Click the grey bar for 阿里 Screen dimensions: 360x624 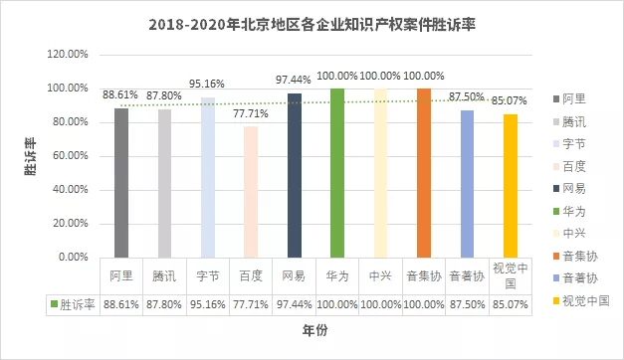(x=121, y=182)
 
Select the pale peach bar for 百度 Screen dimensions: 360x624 (x=251, y=191)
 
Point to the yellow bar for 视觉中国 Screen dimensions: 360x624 (x=511, y=185)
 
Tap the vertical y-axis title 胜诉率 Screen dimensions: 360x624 (x=31, y=157)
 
